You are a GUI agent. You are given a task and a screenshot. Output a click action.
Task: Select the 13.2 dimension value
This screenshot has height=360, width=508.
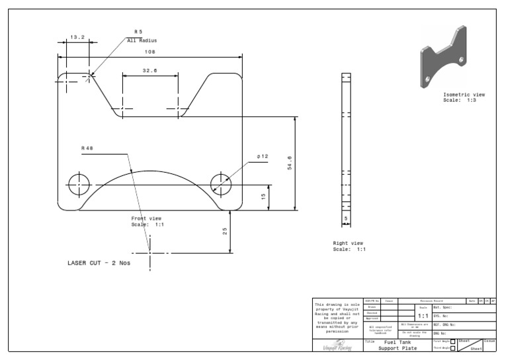[x=77, y=37]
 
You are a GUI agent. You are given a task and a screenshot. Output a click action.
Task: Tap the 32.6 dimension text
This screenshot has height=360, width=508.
[x=149, y=70]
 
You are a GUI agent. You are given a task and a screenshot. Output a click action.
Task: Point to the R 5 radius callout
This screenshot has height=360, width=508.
[x=138, y=32]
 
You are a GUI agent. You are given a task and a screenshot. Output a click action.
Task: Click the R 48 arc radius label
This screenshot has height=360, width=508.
[x=87, y=148]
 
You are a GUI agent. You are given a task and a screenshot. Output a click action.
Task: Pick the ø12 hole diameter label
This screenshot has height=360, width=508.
[x=263, y=156]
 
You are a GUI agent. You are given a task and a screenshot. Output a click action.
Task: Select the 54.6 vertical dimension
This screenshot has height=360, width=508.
[x=289, y=163]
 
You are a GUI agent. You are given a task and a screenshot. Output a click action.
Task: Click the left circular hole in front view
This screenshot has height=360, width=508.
[x=79, y=183]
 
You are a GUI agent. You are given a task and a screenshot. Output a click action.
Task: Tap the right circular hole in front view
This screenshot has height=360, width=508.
[x=221, y=183]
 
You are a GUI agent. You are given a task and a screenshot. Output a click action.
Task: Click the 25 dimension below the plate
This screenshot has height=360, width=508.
[x=225, y=231]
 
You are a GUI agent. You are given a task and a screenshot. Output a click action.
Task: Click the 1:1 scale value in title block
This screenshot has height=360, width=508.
[x=423, y=316]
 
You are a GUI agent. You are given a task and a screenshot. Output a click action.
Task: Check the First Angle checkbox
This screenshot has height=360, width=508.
[x=452, y=341]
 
